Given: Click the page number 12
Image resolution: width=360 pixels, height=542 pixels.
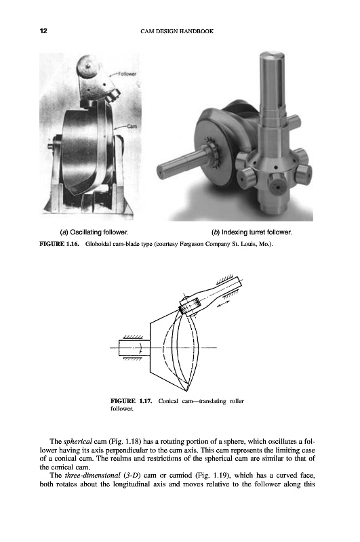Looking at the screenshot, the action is [43, 30].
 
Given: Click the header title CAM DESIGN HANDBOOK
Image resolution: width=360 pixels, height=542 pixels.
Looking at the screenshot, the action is [177, 31].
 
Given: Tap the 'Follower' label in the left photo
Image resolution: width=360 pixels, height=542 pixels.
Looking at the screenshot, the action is [127, 74].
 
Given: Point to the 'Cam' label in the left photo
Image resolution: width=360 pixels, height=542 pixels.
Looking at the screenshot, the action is [132, 126].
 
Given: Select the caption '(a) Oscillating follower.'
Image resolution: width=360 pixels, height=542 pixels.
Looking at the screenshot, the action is [94, 232].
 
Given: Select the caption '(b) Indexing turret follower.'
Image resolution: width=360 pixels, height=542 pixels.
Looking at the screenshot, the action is [252, 232].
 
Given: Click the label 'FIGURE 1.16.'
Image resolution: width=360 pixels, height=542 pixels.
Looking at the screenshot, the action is [60, 244].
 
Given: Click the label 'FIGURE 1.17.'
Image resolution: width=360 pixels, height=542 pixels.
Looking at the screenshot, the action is [131, 401].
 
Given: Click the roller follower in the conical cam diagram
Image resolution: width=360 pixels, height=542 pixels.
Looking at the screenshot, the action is [190, 306].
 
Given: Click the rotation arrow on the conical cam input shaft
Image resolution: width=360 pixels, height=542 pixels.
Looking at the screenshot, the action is [140, 348].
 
